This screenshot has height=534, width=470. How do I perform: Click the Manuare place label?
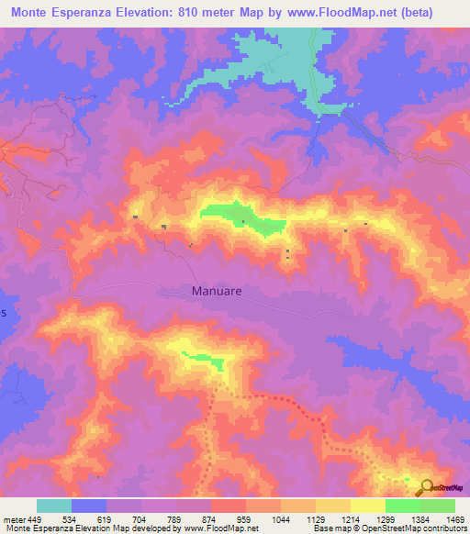tap(217, 291)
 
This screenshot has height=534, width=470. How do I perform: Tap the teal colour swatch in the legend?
tap(54, 506)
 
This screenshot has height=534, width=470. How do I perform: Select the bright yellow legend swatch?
tap(367, 506)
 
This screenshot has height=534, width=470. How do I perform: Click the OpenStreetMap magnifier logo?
tap(427, 487)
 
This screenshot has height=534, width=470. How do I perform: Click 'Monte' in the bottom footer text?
tap(17, 528)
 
